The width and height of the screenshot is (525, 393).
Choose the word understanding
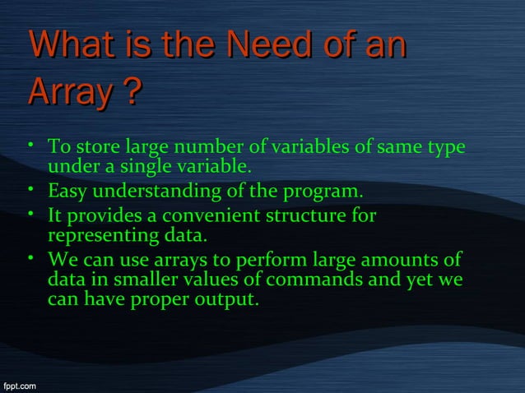tap(156, 192)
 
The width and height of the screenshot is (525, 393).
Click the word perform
tap(266, 261)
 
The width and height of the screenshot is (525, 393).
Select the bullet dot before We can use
tap(29, 259)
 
